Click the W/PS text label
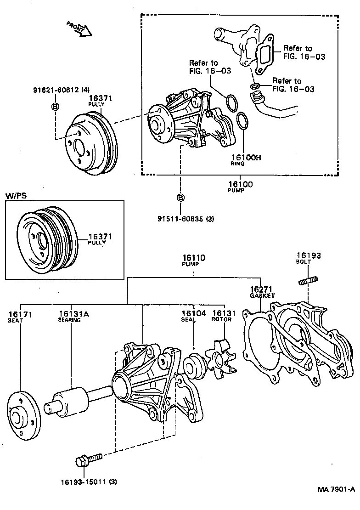(x=16, y=196)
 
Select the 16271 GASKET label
(x=262, y=292)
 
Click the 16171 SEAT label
(x=20, y=316)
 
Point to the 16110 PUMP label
(x=193, y=261)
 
